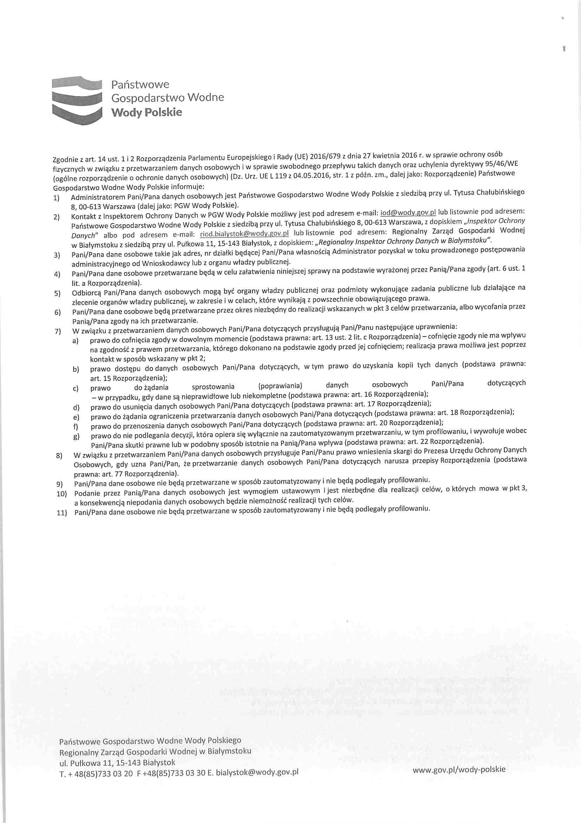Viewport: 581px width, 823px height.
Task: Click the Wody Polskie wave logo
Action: click(x=77, y=100)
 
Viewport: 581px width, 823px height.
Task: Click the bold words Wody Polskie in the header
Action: click(x=147, y=113)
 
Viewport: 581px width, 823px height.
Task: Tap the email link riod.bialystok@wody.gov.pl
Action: click(x=245, y=234)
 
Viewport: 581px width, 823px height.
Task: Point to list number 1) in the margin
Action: click(x=57, y=198)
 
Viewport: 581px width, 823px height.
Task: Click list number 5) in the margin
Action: click(x=58, y=294)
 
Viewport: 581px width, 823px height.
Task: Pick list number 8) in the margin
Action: click(x=59, y=456)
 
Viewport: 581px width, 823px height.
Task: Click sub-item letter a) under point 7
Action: click(x=75, y=341)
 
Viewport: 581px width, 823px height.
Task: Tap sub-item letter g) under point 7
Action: click(x=76, y=437)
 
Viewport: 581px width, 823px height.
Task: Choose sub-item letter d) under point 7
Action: click(x=76, y=408)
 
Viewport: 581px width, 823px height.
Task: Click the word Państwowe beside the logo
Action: click(x=140, y=84)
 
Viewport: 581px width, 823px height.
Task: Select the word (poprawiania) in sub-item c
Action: click(x=280, y=386)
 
